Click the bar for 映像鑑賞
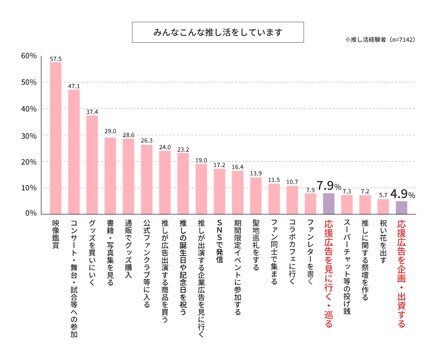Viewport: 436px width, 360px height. click(x=55, y=138)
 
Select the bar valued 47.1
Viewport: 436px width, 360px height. click(x=74, y=152)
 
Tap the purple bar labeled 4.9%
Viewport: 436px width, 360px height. click(x=401, y=207)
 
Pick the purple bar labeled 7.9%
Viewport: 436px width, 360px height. click(x=329, y=203)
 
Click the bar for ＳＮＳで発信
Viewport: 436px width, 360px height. click(x=219, y=191)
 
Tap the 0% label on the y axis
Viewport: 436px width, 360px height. click(x=31, y=213)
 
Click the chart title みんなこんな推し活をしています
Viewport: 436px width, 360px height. click(x=218, y=33)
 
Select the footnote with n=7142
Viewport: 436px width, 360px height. click(x=380, y=40)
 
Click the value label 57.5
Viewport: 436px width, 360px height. click(x=55, y=59)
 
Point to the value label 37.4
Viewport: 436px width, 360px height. click(x=92, y=112)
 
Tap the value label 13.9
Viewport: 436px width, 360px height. click(x=256, y=174)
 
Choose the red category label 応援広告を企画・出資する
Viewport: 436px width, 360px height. click(x=401, y=274)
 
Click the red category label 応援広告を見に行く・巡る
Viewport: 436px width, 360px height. click(x=329, y=274)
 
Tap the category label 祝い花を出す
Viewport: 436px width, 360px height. click(x=383, y=242)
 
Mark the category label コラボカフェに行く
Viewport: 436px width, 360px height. click(x=292, y=252)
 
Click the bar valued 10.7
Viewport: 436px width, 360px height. click(x=292, y=200)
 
